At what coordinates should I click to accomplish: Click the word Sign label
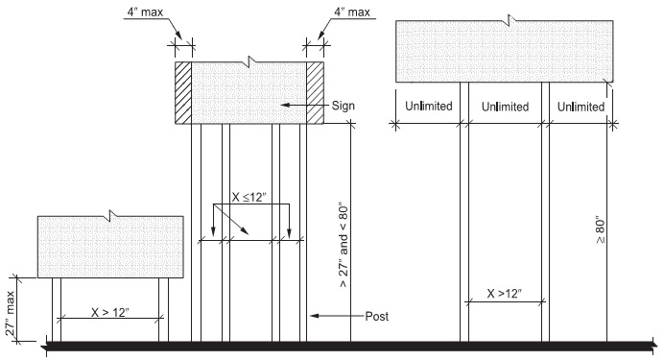(x=345, y=104)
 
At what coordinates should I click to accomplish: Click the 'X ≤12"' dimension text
(x=249, y=199)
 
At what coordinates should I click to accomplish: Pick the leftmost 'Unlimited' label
(x=429, y=106)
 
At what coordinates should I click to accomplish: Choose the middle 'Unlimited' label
(x=505, y=106)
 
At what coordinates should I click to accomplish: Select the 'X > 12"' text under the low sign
(x=109, y=312)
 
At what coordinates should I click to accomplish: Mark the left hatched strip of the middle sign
(x=184, y=93)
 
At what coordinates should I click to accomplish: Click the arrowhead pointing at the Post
(x=311, y=315)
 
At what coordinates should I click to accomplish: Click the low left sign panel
(x=109, y=247)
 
